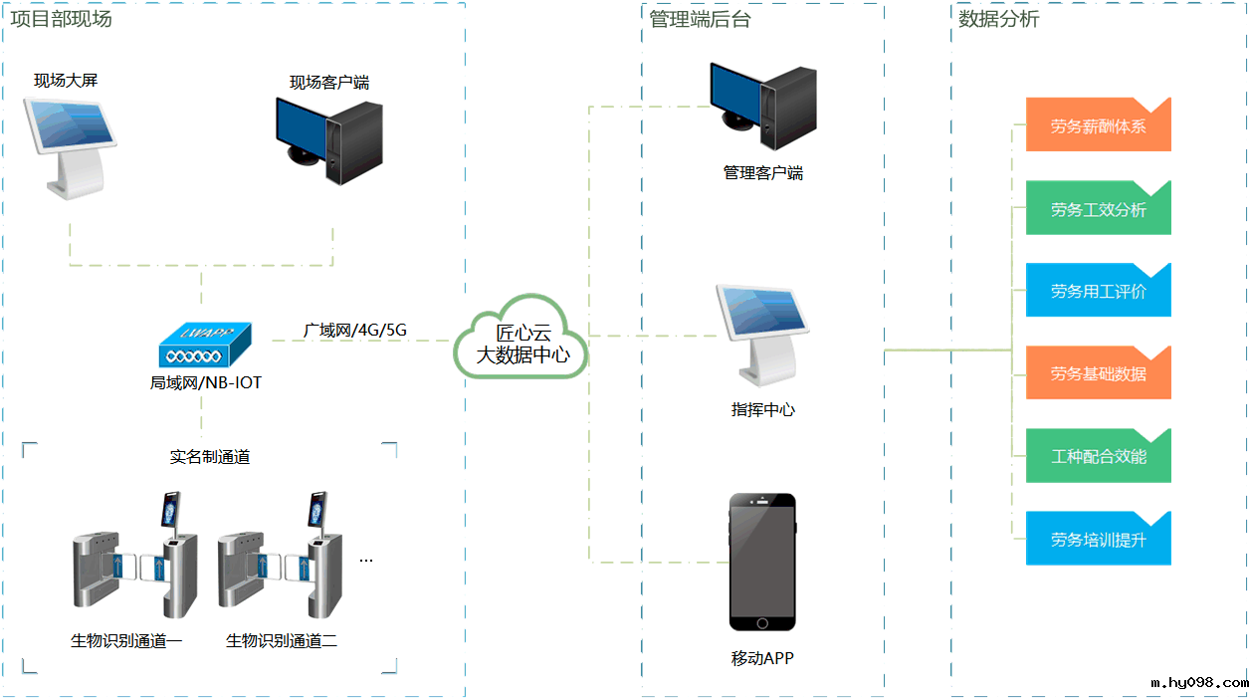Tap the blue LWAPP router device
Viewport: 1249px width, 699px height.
(204, 348)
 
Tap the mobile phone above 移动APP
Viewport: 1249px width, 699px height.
(762, 562)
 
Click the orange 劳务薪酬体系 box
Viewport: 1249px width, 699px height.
(1098, 126)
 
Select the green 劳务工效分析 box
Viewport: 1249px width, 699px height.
(1098, 209)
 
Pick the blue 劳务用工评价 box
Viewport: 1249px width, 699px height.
(1098, 292)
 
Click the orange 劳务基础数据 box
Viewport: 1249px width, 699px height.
(1098, 374)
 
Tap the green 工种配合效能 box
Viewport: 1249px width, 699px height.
(1098, 457)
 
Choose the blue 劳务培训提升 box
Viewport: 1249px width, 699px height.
(1098, 540)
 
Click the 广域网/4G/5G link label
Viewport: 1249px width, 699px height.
(355, 329)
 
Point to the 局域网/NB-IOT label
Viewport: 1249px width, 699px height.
(206, 382)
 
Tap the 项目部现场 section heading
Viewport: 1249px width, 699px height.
(61, 19)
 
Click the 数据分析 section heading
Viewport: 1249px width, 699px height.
(998, 19)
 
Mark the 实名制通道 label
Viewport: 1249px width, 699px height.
(210, 457)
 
